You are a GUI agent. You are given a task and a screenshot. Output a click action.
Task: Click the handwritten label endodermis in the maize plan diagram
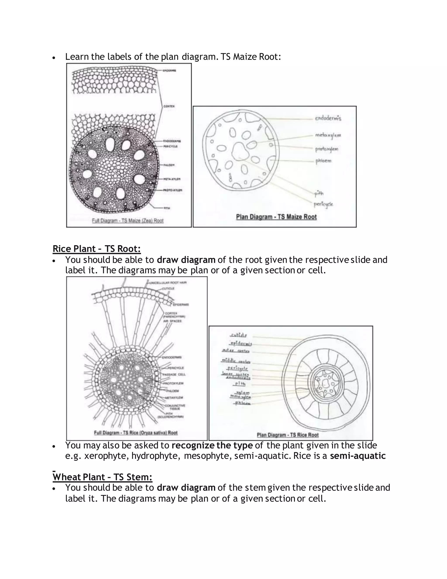(x=328, y=118)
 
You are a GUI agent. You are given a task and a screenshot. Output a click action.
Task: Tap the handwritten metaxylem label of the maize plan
(x=328, y=135)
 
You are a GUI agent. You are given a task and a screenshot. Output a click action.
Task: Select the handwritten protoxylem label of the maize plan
(x=327, y=149)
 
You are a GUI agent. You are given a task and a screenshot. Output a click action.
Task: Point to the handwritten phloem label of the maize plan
(x=323, y=161)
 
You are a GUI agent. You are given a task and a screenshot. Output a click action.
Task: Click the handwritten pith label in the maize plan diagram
(x=319, y=194)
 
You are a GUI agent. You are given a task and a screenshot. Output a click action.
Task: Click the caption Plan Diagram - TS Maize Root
(x=276, y=217)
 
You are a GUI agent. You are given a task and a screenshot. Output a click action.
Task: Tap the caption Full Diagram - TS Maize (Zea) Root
(x=128, y=221)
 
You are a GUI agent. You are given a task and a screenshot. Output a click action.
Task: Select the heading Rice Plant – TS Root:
(x=97, y=249)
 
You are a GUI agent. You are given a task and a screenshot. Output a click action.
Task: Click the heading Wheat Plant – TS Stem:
(x=103, y=477)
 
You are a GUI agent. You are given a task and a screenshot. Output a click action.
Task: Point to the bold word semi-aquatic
(x=358, y=456)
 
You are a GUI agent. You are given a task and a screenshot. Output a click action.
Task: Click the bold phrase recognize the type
(x=212, y=445)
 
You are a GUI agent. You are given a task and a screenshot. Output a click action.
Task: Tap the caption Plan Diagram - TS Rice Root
(x=288, y=435)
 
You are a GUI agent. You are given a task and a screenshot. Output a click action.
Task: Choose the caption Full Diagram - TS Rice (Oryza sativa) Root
(x=136, y=433)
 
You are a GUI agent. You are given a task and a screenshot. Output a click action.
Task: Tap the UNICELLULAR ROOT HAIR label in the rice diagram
(x=168, y=283)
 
